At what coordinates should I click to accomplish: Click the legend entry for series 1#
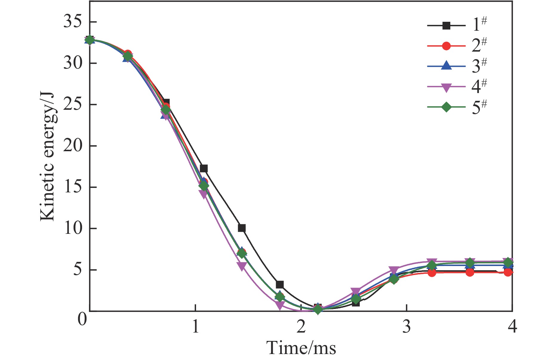click(457, 26)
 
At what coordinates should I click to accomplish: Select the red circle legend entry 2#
click(457, 46)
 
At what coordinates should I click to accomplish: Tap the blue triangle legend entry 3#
click(457, 66)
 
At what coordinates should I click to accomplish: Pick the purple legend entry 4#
click(457, 87)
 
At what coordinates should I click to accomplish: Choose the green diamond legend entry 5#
click(457, 107)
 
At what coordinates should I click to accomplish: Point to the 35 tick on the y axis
click(73, 22)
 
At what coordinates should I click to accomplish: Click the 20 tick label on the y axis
click(73, 146)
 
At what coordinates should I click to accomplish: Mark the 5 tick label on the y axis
click(77, 270)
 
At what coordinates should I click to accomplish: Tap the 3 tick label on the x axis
click(406, 327)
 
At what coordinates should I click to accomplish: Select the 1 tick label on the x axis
click(195, 327)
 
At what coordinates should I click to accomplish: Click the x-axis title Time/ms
click(301, 348)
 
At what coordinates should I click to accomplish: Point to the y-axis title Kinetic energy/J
click(48, 157)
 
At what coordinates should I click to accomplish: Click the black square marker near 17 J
click(204, 169)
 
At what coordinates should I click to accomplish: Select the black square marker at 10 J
click(242, 228)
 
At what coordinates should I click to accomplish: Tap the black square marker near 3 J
click(280, 285)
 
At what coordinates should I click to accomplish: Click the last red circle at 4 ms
click(508, 272)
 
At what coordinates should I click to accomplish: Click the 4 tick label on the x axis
click(512, 327)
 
